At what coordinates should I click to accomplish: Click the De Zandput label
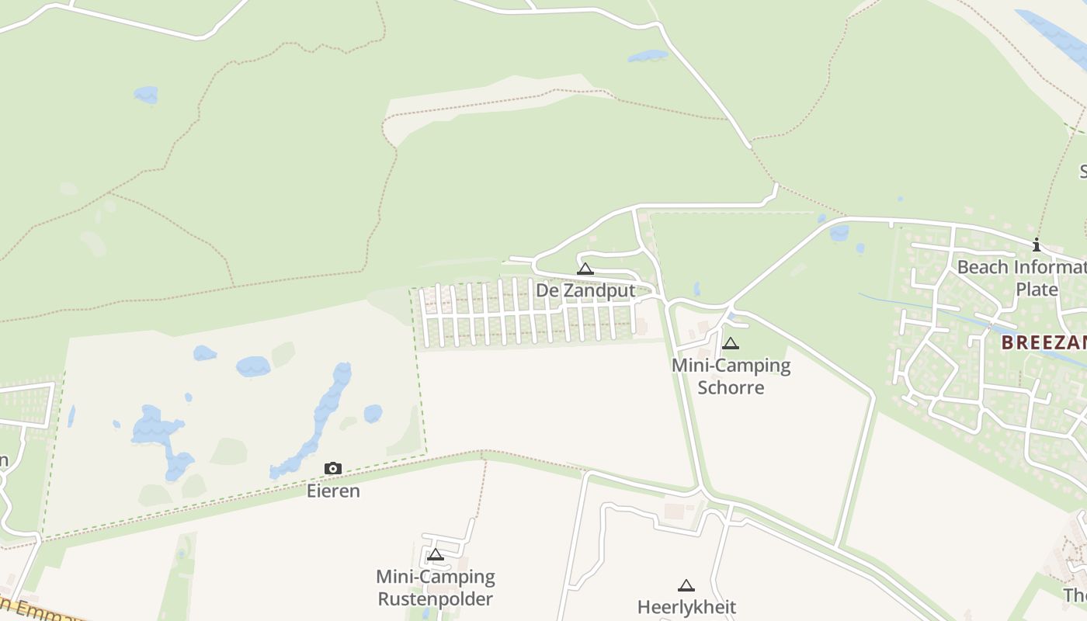pyautogui.click(x=585, y=290)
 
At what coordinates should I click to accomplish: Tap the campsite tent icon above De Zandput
pyautogui.click(x=585, y=269)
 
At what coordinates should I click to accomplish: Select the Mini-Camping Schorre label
pyautogui.click(x=731, y=376)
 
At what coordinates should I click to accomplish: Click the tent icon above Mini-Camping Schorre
pyautogui.click(x=731, y=344)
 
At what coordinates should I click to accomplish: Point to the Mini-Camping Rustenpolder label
pyautogui.click(x=435, y=588)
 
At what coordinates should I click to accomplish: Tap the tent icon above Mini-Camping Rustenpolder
pyautogui.click(x=436, y=555)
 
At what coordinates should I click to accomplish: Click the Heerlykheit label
pyautogui.click(x=686, y=606)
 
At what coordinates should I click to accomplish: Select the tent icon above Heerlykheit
pyautogui.click(x=686, y=586)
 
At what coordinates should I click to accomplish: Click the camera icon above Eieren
pyautogui.click(x=333, y=468)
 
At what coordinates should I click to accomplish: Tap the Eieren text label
pyautogui.click(x=333, y=491)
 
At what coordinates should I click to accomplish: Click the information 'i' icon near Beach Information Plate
pyautogui.click(x=1036, y=245)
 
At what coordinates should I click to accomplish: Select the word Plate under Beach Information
pyautogui.click(x=1037, y=290)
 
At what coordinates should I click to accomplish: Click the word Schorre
pyautogui.click(x=731, y=387)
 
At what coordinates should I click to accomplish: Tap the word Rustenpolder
pyautogui.click(x=435, y=599)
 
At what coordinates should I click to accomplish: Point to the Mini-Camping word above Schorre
pyautogui.click(x=731, y=365)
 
